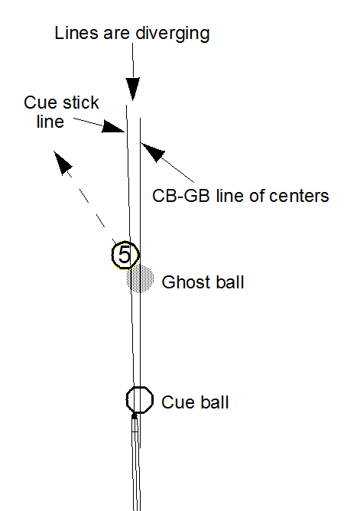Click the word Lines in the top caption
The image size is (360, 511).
[x=76, y=33]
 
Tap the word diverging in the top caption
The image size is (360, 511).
[x=173, y=34]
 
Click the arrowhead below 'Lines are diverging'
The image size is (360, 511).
[x=133, y=89]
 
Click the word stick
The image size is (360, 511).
[x=81, y=103]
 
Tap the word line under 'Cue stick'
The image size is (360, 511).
[x=50, y=122]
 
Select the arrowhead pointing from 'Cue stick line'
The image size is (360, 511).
[x=114, y=127]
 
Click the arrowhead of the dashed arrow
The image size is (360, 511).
[x=62, y=162]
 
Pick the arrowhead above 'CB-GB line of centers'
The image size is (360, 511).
[x=153, y=152]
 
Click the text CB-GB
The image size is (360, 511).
[x=181, y=196]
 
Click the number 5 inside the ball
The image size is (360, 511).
[x=124, y=255]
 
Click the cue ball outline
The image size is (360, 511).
[x=126, y=400]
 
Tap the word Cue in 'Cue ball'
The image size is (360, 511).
[x=176, y=402]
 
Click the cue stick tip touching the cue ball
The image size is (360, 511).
[x=134, y=415]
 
